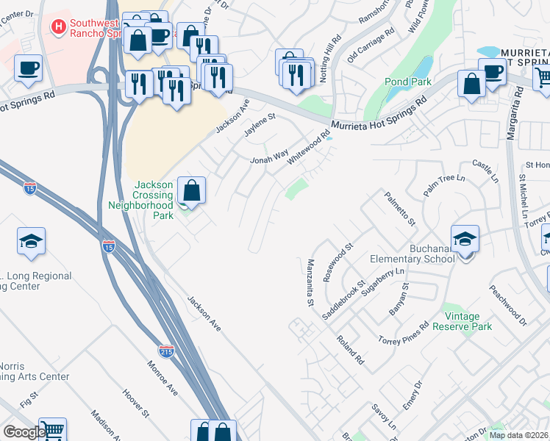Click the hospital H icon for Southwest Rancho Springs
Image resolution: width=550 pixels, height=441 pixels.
pyautogui.click(x=58, y=26)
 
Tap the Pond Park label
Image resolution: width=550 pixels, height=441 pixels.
pyautogui.click(x=408, y=82)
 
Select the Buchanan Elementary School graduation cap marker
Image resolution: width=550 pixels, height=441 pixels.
pyautogui.click(x=465, y=240)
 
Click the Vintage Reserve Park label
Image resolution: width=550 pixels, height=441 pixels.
pyautogui.click(x=467, y=321)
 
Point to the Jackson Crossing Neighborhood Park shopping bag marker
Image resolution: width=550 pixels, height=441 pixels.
pyautogui.click(x=190, y=191)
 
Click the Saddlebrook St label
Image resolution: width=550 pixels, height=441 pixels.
pyautogui.click(x=344, y=299)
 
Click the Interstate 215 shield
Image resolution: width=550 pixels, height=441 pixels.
pyautogui.click(x=167, y=351)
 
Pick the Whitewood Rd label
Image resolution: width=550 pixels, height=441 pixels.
pyautogui.click(x=308, y=148)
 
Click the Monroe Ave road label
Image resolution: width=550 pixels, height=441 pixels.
pyautogui.click(x=162, y=378)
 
